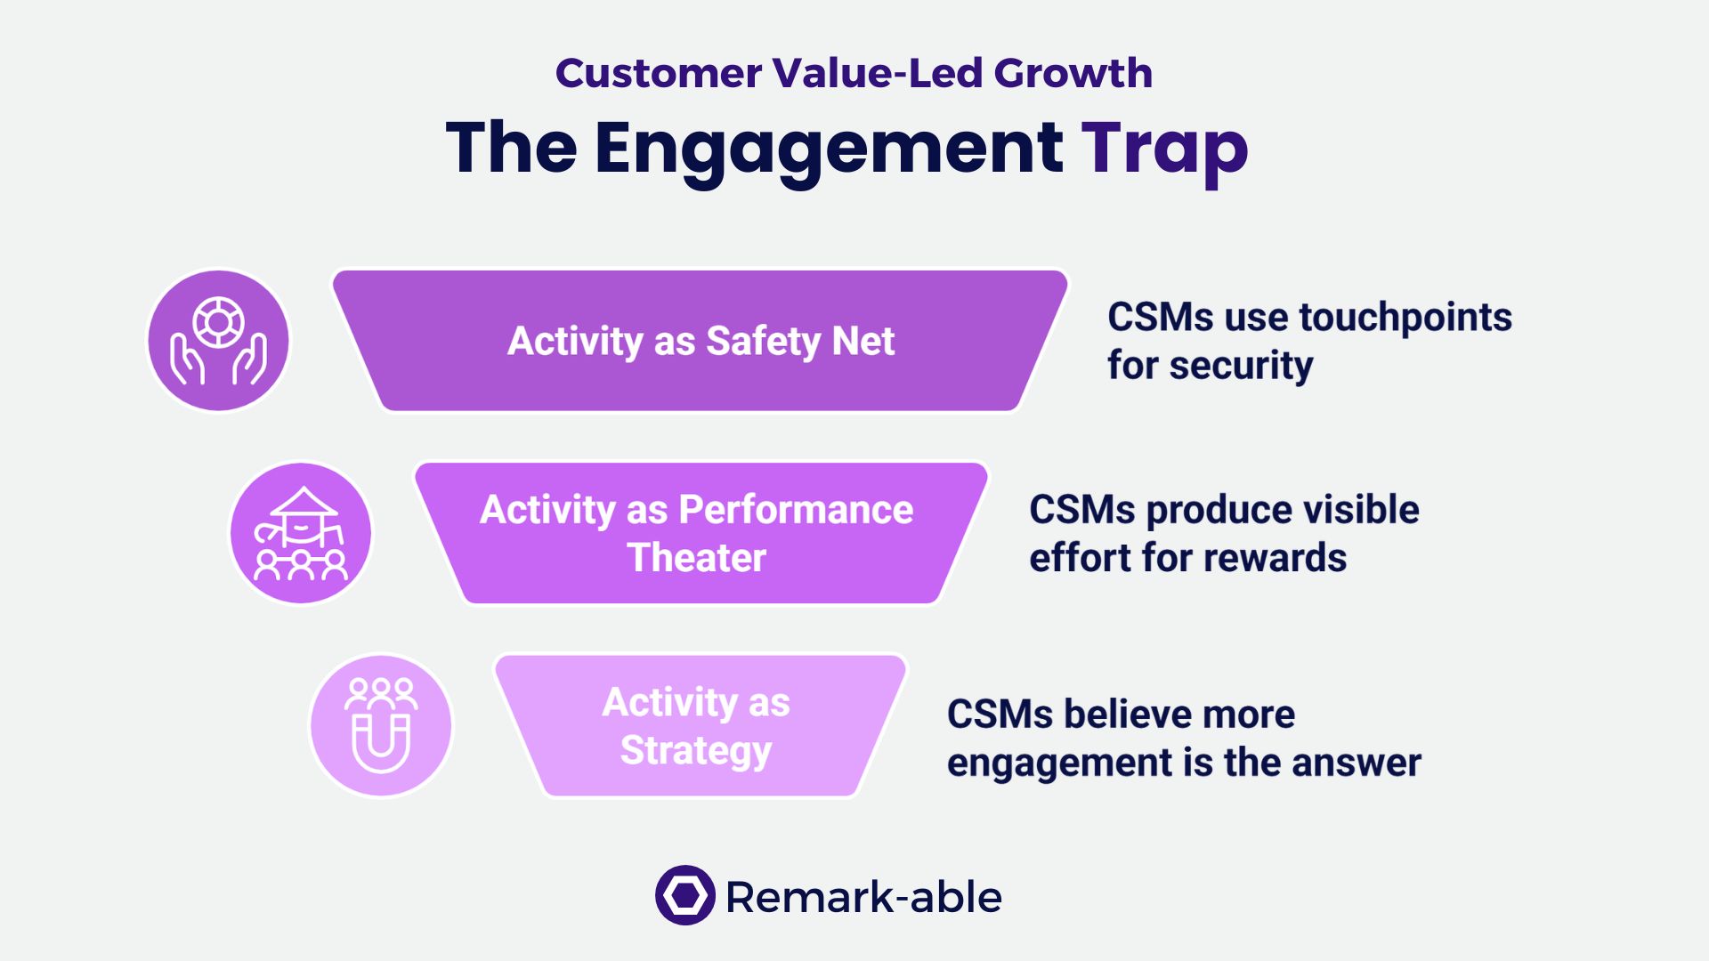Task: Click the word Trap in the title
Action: tap(1164, 148)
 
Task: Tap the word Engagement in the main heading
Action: tap(828, 148)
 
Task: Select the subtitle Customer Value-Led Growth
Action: tap(854, 73)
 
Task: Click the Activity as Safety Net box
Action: tap(701, 341)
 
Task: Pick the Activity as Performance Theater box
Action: tap(701, 533)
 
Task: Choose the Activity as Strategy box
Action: tap(701, 725)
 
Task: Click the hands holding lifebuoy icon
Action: tap(218, 341)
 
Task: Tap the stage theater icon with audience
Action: tap(301, 533)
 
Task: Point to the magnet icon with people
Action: tap(381, 725)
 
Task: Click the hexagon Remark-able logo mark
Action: tap(684, 895)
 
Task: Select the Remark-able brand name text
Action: tap(863, 897)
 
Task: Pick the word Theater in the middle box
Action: tap(697, 558)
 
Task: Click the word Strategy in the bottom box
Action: tap(696, 751)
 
